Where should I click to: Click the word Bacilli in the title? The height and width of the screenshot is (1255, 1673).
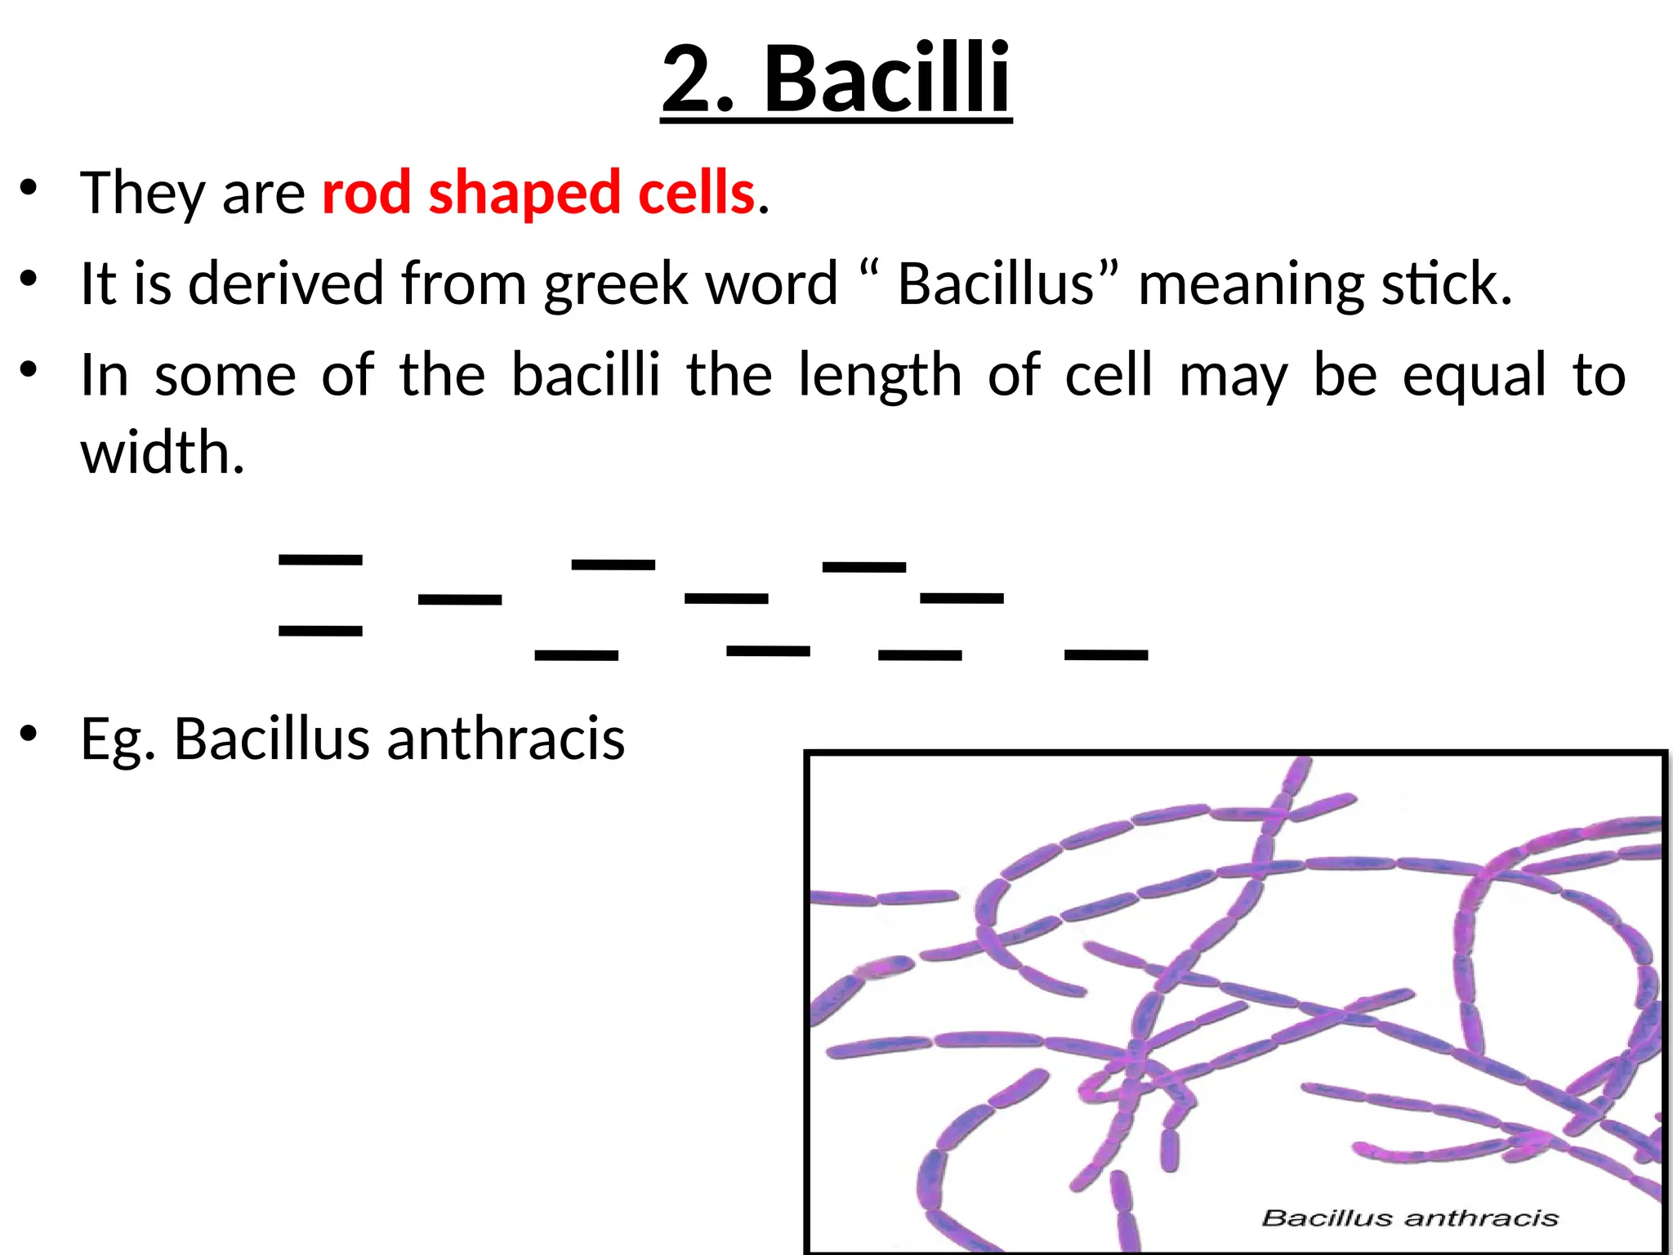pyautogui.click(x=887, y=79)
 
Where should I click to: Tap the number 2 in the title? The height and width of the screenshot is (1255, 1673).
pyautogui.click(x=694, y=79)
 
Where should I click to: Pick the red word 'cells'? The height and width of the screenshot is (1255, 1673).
pyautogui.click(x=696, y=193)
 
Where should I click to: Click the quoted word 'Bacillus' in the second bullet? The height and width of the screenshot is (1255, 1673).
pyautogui.click(x=996, y=284)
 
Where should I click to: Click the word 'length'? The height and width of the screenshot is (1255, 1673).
pyautogui.click(x=880, y=377)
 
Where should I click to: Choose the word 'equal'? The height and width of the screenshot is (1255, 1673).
pyautogui.click(x=1474, y=377)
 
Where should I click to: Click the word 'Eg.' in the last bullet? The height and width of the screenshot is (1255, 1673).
pyautogui.click(x=118, y=739)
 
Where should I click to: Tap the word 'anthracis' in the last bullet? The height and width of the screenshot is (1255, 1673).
pyautogui.click(x=506, y=738)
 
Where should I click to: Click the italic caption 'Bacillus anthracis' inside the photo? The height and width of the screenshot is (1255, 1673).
pyautogui.click(x=1410, y=1218)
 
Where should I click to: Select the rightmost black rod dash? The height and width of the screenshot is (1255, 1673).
pyautogui.click(x=1106, y=654)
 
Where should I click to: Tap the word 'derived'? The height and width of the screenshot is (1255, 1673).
pyautogui.click(x=286, y=284)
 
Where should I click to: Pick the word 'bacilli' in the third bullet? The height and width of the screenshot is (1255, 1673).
pyautogui.click(x=585, y=375)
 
